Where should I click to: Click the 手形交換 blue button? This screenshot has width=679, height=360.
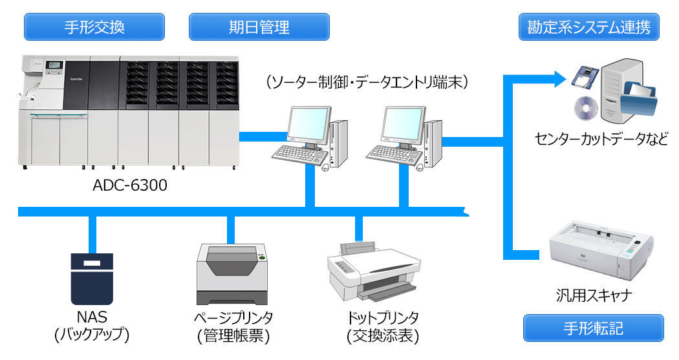(x=94, y=27)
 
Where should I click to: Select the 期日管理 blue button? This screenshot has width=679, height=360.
(x=259, y=27)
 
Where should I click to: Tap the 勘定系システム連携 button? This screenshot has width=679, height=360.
(x=589, y=27)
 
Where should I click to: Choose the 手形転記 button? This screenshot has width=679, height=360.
(x=593, y=328)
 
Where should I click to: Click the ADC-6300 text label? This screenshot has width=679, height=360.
(x=130, y=186)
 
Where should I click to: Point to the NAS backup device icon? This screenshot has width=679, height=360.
(x=91, y=279)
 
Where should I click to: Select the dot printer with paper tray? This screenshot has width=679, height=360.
(x=370, y=271)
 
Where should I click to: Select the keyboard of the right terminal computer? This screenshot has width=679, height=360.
(x=391, y=153)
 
